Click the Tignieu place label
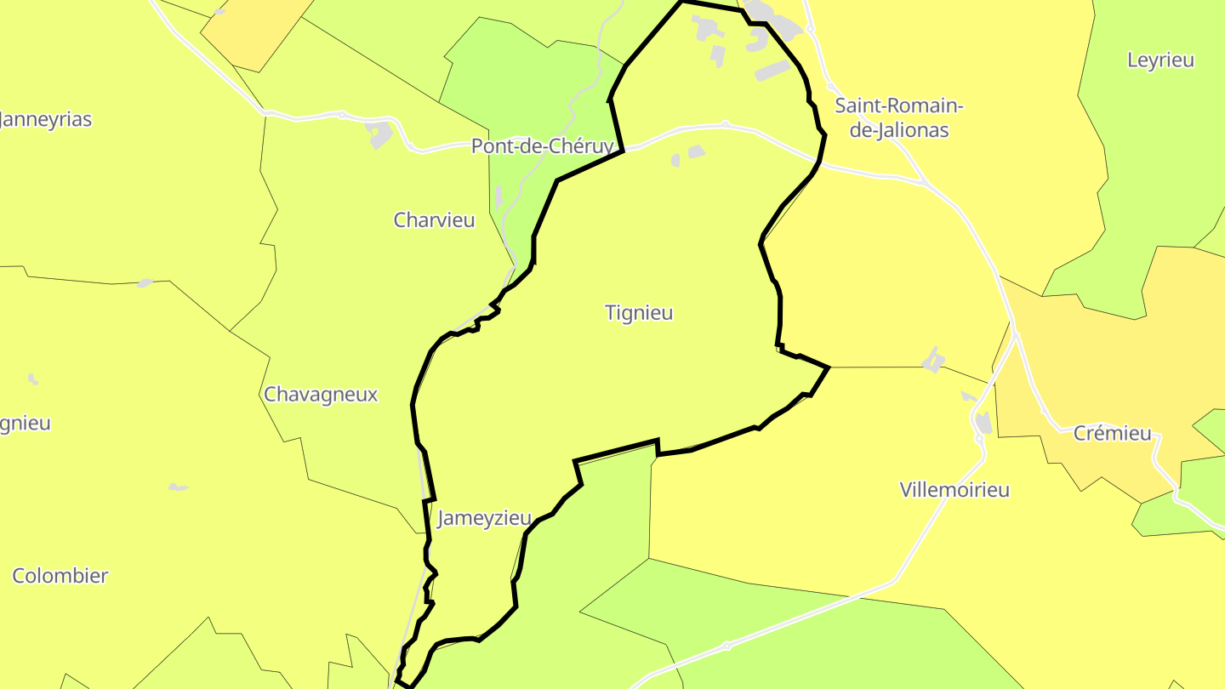pos(639,313)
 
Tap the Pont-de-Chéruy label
pos(542,146)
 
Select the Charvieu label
pos(434,220)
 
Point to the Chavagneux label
pos(321,395)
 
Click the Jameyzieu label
pos(484,518)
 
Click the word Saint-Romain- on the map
pos(898,106)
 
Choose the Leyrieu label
pos(1160,60)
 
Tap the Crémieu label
pos(1112,434)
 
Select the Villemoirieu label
pos(954,490)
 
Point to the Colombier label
pos(60,576)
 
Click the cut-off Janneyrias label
pos(46,120)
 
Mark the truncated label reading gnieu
pos(26,424)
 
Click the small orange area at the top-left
pos(255,34)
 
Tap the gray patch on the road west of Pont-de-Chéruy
pos(379,134)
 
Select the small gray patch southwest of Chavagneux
pos(178,487)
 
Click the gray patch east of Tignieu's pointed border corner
pos(933,360)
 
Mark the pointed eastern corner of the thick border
pos(828,367)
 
